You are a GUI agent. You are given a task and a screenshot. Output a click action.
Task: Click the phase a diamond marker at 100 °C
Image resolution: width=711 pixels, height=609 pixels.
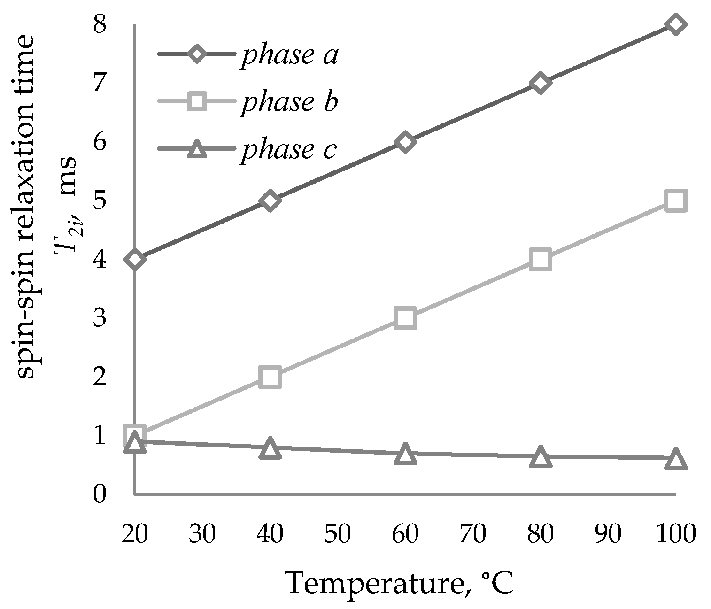675,24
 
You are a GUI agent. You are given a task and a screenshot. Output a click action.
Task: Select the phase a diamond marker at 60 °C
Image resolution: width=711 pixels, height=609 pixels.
405,142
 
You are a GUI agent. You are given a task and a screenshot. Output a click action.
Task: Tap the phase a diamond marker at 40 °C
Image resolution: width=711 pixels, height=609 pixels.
270,200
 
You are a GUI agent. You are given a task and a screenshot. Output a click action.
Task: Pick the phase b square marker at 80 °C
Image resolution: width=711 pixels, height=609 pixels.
540,259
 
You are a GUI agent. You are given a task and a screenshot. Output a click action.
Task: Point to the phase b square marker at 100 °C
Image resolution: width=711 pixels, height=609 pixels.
675,200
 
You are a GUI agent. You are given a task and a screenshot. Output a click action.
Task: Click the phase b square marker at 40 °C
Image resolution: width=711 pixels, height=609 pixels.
270,377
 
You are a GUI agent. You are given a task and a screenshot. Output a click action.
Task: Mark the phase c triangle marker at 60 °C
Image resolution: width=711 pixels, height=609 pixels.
405,455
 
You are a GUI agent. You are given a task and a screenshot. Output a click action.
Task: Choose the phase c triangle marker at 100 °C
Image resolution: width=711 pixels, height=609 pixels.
675,459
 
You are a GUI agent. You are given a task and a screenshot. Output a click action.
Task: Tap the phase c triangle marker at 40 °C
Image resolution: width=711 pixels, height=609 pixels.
270,448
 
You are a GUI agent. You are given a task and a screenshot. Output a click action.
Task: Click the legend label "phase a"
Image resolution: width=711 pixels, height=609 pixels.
289,55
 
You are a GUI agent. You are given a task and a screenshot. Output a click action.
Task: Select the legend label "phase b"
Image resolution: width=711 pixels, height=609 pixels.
289,102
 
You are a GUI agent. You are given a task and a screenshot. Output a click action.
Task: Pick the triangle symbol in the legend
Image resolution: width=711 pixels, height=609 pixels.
197,149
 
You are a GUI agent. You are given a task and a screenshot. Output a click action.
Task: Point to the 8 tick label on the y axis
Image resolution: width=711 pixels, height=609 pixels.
100,24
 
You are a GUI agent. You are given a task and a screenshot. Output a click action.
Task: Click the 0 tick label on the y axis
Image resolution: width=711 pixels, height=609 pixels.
100,494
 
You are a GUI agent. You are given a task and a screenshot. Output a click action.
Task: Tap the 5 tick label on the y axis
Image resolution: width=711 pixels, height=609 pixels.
100,200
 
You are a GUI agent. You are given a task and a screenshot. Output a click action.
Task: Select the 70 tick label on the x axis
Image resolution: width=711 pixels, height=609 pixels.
472,533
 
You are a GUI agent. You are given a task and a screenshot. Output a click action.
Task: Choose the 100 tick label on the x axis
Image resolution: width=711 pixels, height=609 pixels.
675,533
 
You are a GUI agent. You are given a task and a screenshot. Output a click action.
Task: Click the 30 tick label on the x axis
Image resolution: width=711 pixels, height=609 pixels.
202,533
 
